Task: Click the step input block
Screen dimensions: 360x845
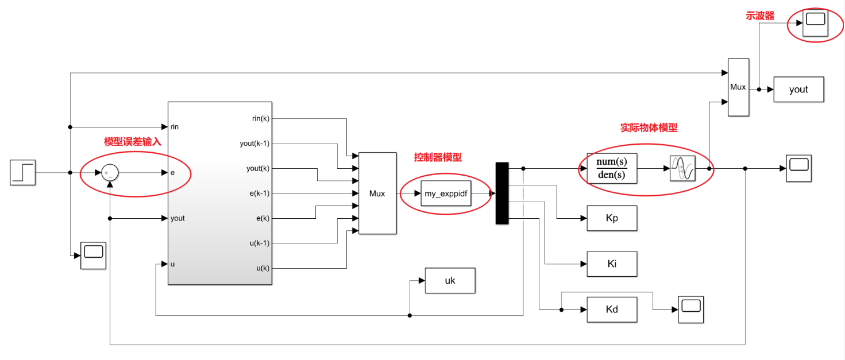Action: [x=23, y=172]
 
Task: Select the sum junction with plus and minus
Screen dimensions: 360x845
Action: [x=109, y=172]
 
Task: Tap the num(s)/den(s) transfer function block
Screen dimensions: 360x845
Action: [x=612, y=168]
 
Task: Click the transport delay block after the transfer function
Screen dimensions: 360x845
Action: [x=682, y=168]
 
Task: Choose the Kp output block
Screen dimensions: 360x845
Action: [x=612, y=218]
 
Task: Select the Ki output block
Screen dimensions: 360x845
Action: [x=612, y=264]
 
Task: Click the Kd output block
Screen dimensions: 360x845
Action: [x=612, y=309]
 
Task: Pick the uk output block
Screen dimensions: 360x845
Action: [x=450, y=281]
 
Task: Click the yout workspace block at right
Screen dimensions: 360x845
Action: [x=798, y=90]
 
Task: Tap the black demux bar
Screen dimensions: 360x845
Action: [x=502, y=193]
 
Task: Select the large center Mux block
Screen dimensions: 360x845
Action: [x=377, y=193]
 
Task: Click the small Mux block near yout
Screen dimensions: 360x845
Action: [x=738, y=87]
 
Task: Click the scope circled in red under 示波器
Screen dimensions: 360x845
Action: [x=815, y=22]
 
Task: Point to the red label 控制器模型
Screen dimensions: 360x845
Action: [x=438, y=157]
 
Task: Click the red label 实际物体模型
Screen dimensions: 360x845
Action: [x=649, y=128]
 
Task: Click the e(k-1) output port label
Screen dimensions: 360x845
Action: [x=259, y=193]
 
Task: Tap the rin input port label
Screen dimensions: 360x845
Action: [x=175, y=126]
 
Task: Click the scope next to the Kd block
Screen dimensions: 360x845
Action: [x=690, y=309]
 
